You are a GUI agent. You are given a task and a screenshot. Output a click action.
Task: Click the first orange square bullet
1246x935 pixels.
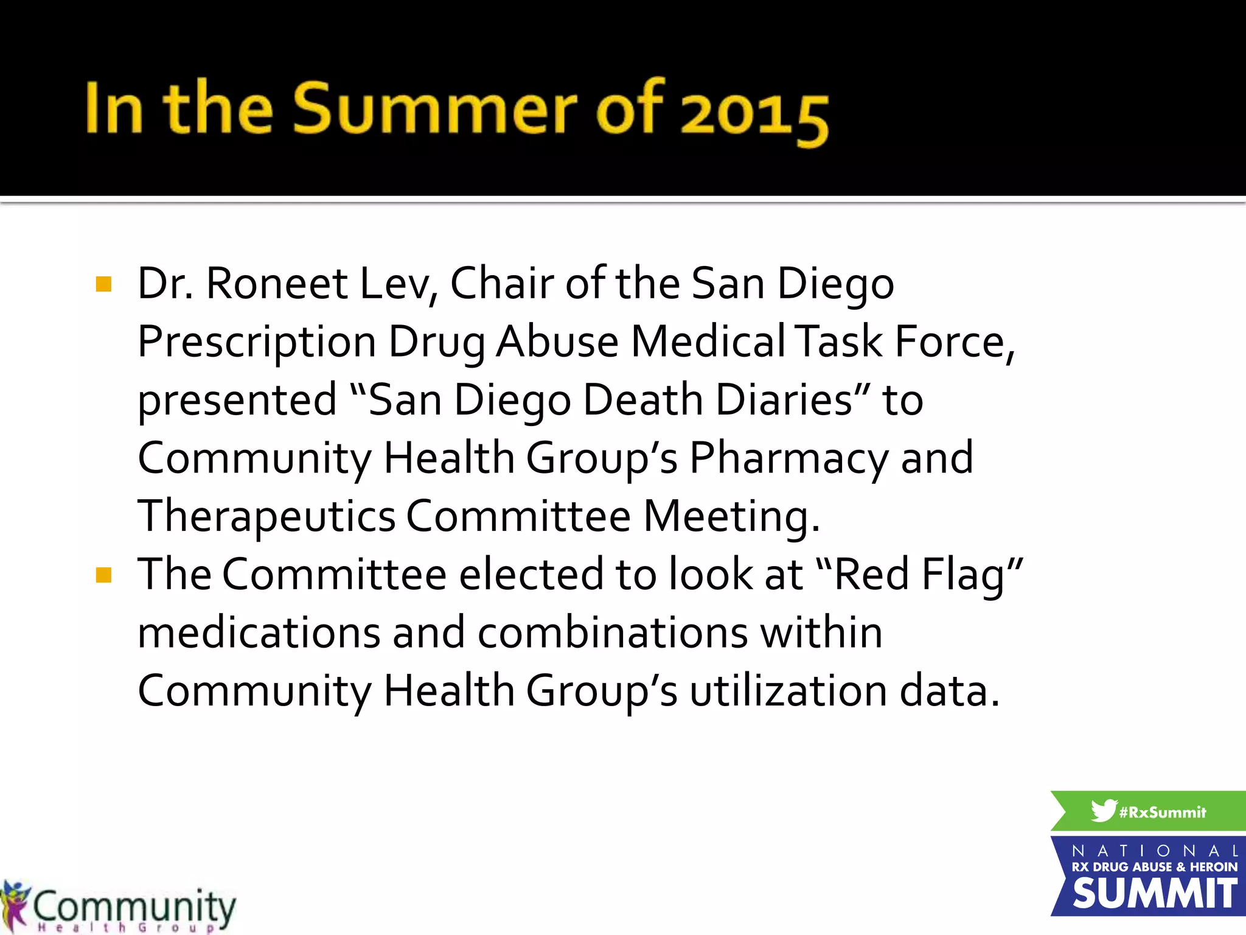pos(104,284)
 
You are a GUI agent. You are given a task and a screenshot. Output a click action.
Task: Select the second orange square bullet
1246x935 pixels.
pos(104,575)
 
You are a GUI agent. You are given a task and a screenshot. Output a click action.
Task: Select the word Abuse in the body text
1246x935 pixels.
pos(557,341)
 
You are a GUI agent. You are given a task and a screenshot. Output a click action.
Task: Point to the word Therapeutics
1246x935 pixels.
pos(266,517)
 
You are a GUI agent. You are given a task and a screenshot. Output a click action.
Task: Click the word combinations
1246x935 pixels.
pos(612,633)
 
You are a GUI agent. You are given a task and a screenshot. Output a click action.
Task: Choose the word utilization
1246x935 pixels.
pos(788,692)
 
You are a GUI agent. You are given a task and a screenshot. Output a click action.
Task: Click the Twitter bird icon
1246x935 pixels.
pos(1103,811)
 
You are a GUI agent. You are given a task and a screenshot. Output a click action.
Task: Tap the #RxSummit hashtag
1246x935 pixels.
pos(1163,813)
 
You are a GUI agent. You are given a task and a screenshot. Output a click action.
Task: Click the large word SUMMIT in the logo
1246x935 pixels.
pos(1154,894)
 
